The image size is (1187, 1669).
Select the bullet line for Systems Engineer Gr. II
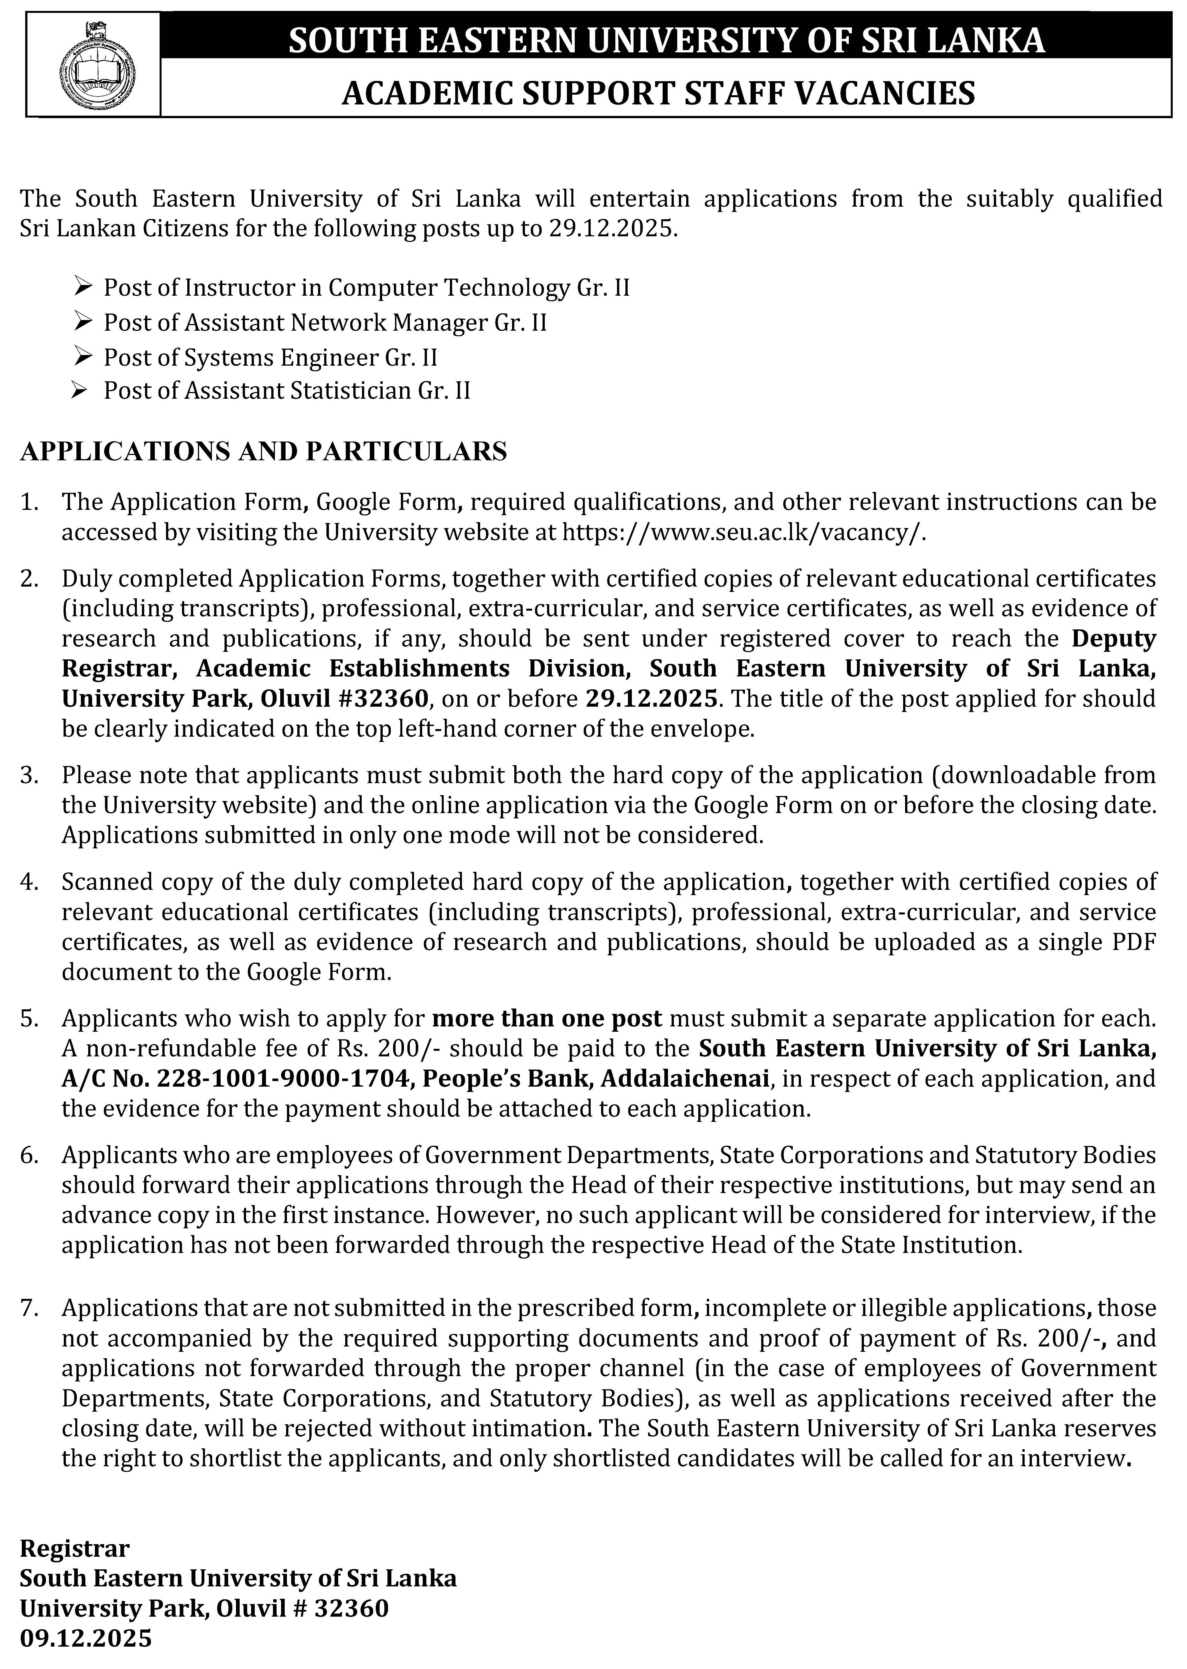[270, 358]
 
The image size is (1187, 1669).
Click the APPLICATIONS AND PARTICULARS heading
[263, 451]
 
